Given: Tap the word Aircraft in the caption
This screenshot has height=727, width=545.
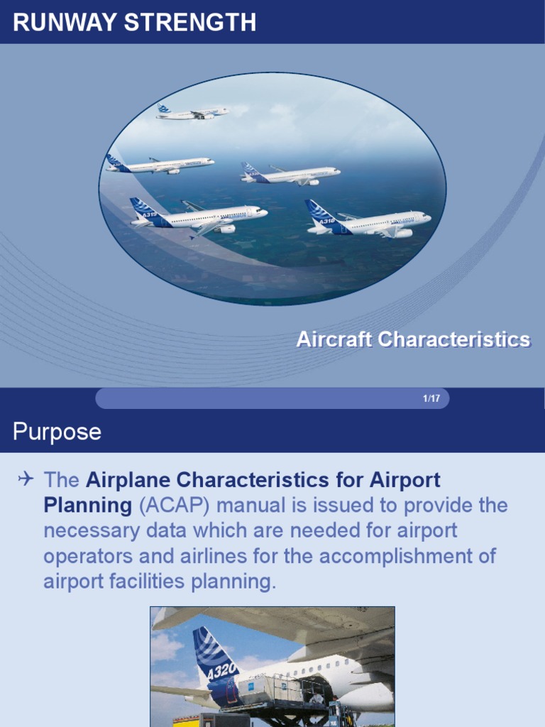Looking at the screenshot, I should pyautogui.click(x=334, y=339).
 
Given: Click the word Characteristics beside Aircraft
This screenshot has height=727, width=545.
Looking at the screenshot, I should pyautogui.click(x=453, y=339).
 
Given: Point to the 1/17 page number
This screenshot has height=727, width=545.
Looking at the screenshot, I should pyautogui.click(x=431, y=398).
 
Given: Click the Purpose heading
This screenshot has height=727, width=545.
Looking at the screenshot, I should pyautogui.click(x=57, y=432).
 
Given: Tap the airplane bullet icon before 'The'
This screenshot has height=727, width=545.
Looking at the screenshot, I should pyautogui.click(x=26, y=480).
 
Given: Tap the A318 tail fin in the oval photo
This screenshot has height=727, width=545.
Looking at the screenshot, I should pyautogui.click(x=324, y=214).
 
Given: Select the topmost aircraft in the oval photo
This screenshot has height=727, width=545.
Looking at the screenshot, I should pyautogui.click(x=193, y=112).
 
